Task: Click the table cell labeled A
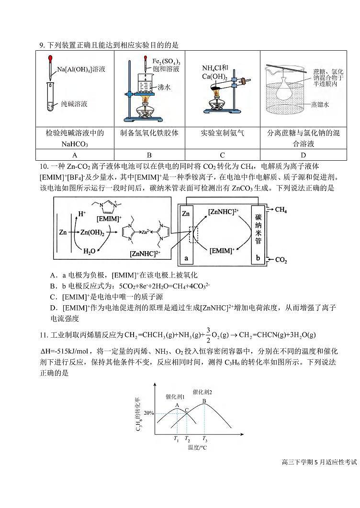[x=75, y=155]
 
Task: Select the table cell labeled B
[x=149, y=155]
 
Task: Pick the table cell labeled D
[x=303, y=155]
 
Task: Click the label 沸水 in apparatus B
[x=164, y=88]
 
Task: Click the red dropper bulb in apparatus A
[x=50, y=59]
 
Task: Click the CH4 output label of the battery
[x=281, y=210]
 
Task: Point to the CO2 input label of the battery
[x=281, y=260]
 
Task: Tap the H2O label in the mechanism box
[x=90, y=251]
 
